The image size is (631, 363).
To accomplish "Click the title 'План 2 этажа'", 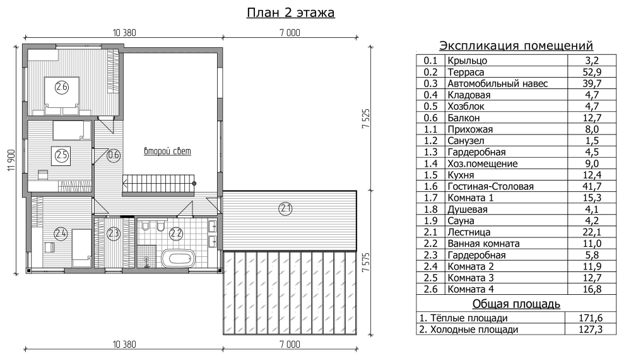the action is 290,13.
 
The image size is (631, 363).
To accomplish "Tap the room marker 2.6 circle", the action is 62,87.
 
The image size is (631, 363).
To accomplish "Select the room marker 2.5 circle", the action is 62,155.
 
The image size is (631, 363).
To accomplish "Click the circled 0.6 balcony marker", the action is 114,155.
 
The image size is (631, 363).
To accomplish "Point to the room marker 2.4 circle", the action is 61,234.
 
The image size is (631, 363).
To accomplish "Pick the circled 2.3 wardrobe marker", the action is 114,234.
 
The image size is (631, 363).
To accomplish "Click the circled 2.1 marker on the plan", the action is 285,208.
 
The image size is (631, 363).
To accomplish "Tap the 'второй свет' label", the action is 167,152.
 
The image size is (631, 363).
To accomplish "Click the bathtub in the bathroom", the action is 178,258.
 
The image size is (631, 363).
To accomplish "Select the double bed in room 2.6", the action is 62,95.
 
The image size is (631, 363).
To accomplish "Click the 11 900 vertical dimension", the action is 11,160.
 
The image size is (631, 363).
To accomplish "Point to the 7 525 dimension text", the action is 365,118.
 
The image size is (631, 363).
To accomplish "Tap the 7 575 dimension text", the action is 365,263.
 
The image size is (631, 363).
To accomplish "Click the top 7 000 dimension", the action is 290,33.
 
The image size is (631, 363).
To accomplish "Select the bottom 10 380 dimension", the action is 124,345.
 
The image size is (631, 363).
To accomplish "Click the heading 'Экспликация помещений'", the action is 516,45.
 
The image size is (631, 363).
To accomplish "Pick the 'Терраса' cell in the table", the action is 466,73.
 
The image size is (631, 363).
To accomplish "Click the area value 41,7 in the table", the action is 592,186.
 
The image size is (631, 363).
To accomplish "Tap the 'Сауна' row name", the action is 461,220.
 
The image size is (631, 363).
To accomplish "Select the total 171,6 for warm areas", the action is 591,318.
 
